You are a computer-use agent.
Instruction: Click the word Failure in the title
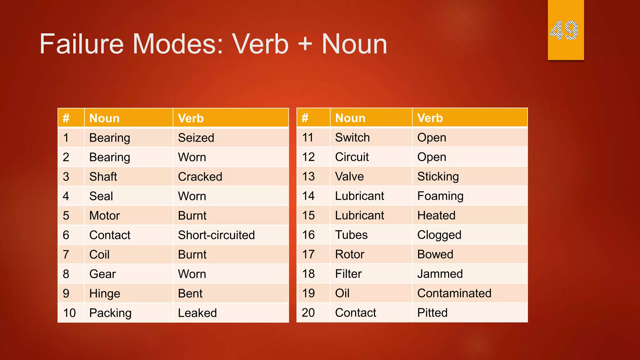pyautogui.click(x=82, y=44)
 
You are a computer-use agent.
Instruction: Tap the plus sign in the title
pyautogui.click(x=305, y=44)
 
